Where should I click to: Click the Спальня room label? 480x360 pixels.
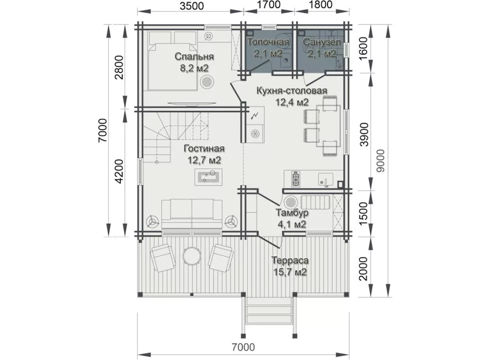click(x=194, y=56)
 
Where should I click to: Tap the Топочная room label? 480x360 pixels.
click(x=268, y=41)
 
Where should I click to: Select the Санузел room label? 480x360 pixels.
click(x=321, y=41)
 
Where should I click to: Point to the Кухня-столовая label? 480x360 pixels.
click(x=291, y=90)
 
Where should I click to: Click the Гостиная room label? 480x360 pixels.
click(x=204, y=148)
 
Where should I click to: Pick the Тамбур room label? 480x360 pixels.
click(x=292, y=212)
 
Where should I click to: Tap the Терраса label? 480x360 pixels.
click(x=290, y=260)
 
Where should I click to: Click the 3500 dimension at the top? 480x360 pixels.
click(x=191, y=5)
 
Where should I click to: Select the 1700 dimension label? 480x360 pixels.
click(x=268, y=4)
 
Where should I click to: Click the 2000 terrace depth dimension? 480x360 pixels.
click(x=363, y=268)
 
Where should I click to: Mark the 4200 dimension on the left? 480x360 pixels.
click(x=119, y=171)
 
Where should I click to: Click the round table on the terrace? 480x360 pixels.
click(x=191, y=255)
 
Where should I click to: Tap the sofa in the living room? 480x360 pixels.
click(x=192, y=214)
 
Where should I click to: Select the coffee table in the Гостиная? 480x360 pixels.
click(x=208, y=177)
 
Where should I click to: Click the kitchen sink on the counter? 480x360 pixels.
click(x=325, y=179)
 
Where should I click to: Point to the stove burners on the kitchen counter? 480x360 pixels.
click(x=296, y=179)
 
